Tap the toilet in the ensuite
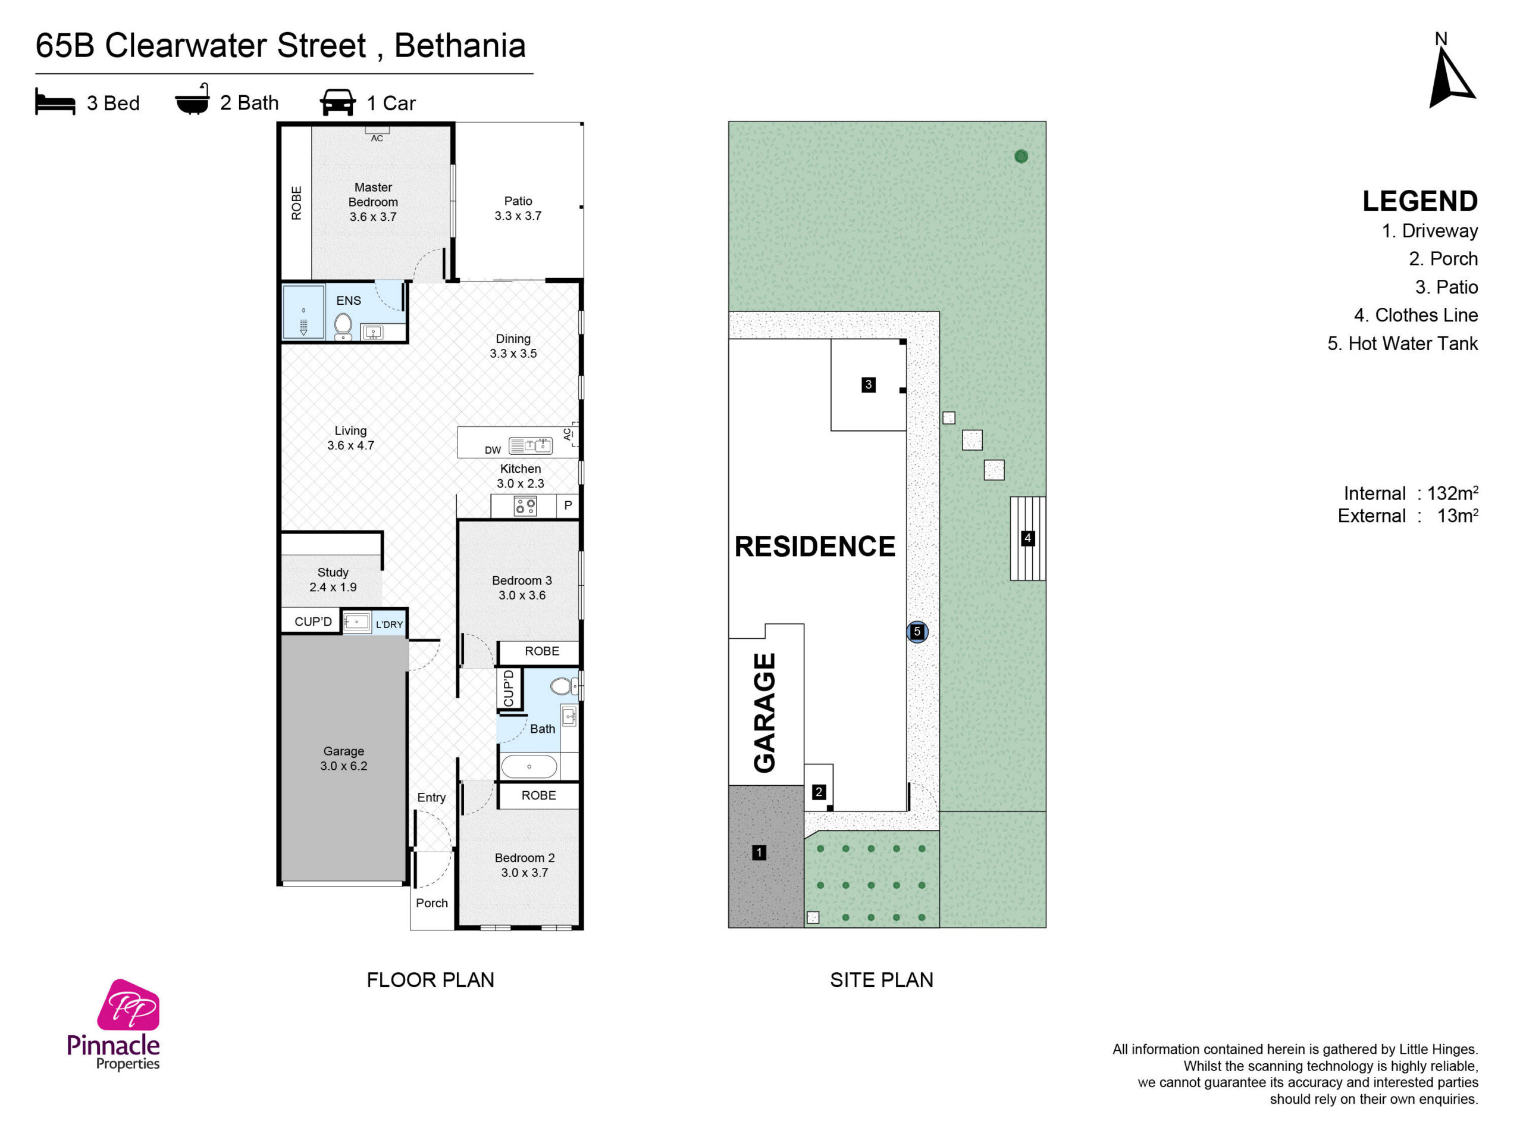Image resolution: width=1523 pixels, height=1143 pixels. click(343, 326)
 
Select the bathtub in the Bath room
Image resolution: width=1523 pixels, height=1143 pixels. click(529, 766)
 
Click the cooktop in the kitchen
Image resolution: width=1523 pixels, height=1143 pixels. click(525, 507)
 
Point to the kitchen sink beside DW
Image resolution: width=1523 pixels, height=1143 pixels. click(530, 446)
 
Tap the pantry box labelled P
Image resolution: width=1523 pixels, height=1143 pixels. click(568, 505)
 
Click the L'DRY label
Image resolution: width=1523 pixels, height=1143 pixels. click(389, 625)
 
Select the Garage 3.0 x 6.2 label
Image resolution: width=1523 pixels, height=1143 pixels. click(344, 758)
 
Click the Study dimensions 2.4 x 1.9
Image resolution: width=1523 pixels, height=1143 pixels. click(333, 588)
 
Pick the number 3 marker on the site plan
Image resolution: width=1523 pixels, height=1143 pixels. click(868, 385)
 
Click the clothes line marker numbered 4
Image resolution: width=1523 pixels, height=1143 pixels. click(1027, 538)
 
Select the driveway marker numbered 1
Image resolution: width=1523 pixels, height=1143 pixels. click(759, 853)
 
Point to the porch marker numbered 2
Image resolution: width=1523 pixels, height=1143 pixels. click(819, 792)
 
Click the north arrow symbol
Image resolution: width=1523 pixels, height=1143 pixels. click(1450, 73)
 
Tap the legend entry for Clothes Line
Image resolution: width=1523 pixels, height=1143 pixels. click(1415, 316)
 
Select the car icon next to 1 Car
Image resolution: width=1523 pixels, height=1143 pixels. click(337, 102)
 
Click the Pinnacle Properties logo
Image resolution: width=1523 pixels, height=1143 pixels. click(114, 1025)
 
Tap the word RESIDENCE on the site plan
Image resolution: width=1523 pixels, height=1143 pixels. click(815, 546)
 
